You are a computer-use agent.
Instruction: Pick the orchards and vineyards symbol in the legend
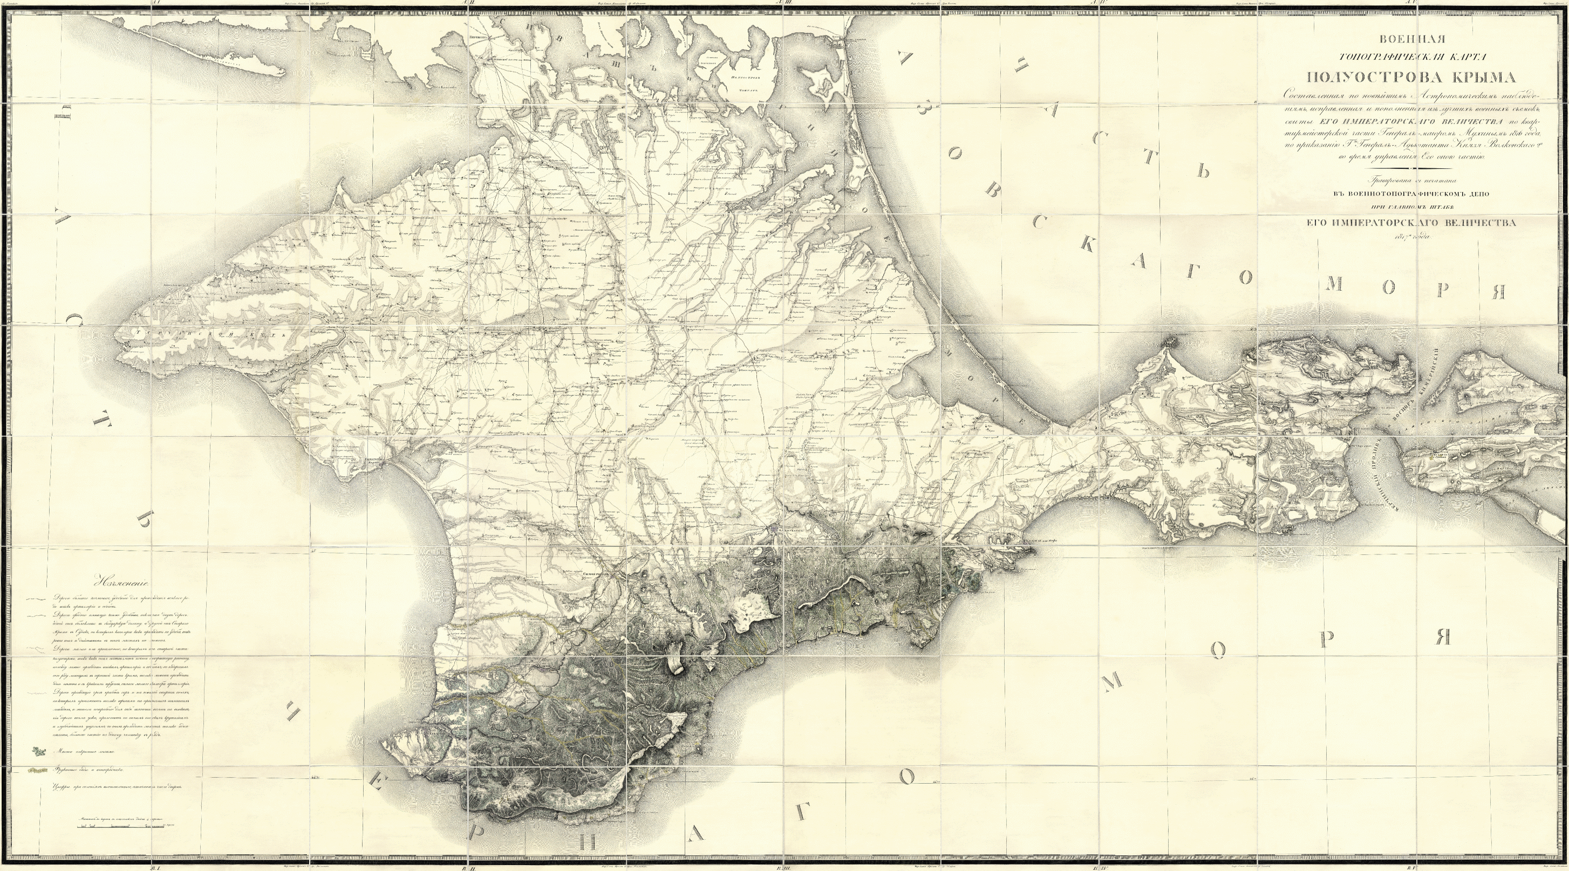coord(37,770)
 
